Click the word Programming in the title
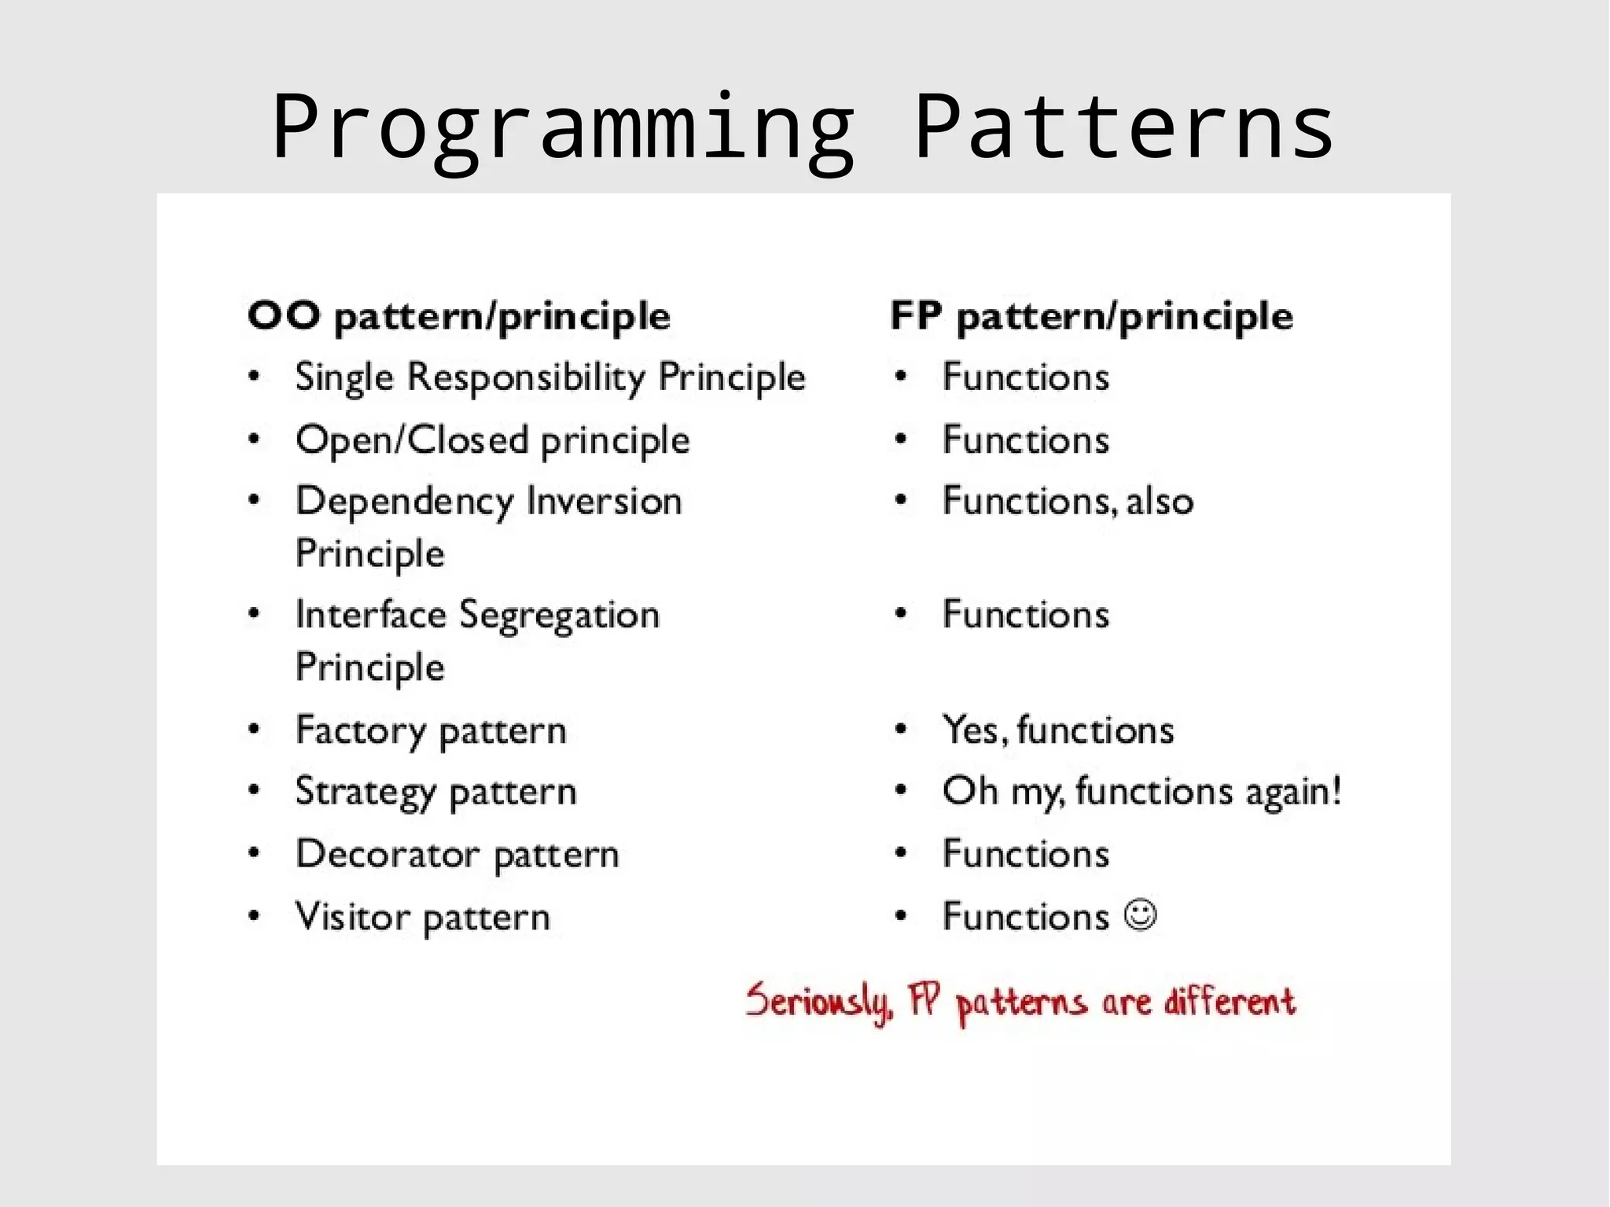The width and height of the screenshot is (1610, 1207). (x=563, y=128)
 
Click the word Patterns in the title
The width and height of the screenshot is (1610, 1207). (x=1123, y=128)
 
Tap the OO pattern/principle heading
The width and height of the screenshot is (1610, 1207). (x=458, y=317)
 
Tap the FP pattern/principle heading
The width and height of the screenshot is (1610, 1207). (x=1091, y=317)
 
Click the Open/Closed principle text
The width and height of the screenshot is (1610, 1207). (x=492, y=440)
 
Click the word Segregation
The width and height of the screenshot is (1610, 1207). (x=559, y=616)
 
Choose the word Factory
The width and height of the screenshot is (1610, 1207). (x=360, y=731)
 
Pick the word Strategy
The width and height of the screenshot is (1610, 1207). (x=365, y=793)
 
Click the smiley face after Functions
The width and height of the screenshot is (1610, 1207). (x=1140, y=915)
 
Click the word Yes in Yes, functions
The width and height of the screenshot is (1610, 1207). (x=970, y=730)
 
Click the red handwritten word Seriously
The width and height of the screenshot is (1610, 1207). (x=818, y=1002)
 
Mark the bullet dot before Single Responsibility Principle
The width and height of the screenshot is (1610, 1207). (x=254, y=377)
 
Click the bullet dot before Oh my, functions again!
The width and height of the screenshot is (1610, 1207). (x=901, y=790)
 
